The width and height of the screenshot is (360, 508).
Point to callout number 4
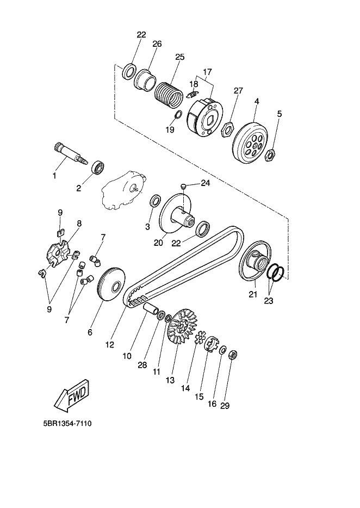pyautogui.click(x=256, y=101)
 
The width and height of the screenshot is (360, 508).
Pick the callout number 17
pyautogui.click(x=207, y=72)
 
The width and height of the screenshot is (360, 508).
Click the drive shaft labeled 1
pyautogui.click(x=71, y=152)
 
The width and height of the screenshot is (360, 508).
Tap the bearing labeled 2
pyautogui.click(x=98, y=167)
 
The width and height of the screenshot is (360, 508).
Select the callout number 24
pyautogui.click(x=204, y=183)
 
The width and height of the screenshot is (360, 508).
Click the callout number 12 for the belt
pyautogui.click(x=109, y=344)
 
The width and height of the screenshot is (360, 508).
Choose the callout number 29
pyautogui.click(x=225, y=406)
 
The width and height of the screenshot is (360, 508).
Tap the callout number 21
pyautogui.click(x=252, y=295)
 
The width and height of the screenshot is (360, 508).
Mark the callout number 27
pyautogui.click(x=238, y=90)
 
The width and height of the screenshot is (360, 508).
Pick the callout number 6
pyautogui.click(x=90, y=332)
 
